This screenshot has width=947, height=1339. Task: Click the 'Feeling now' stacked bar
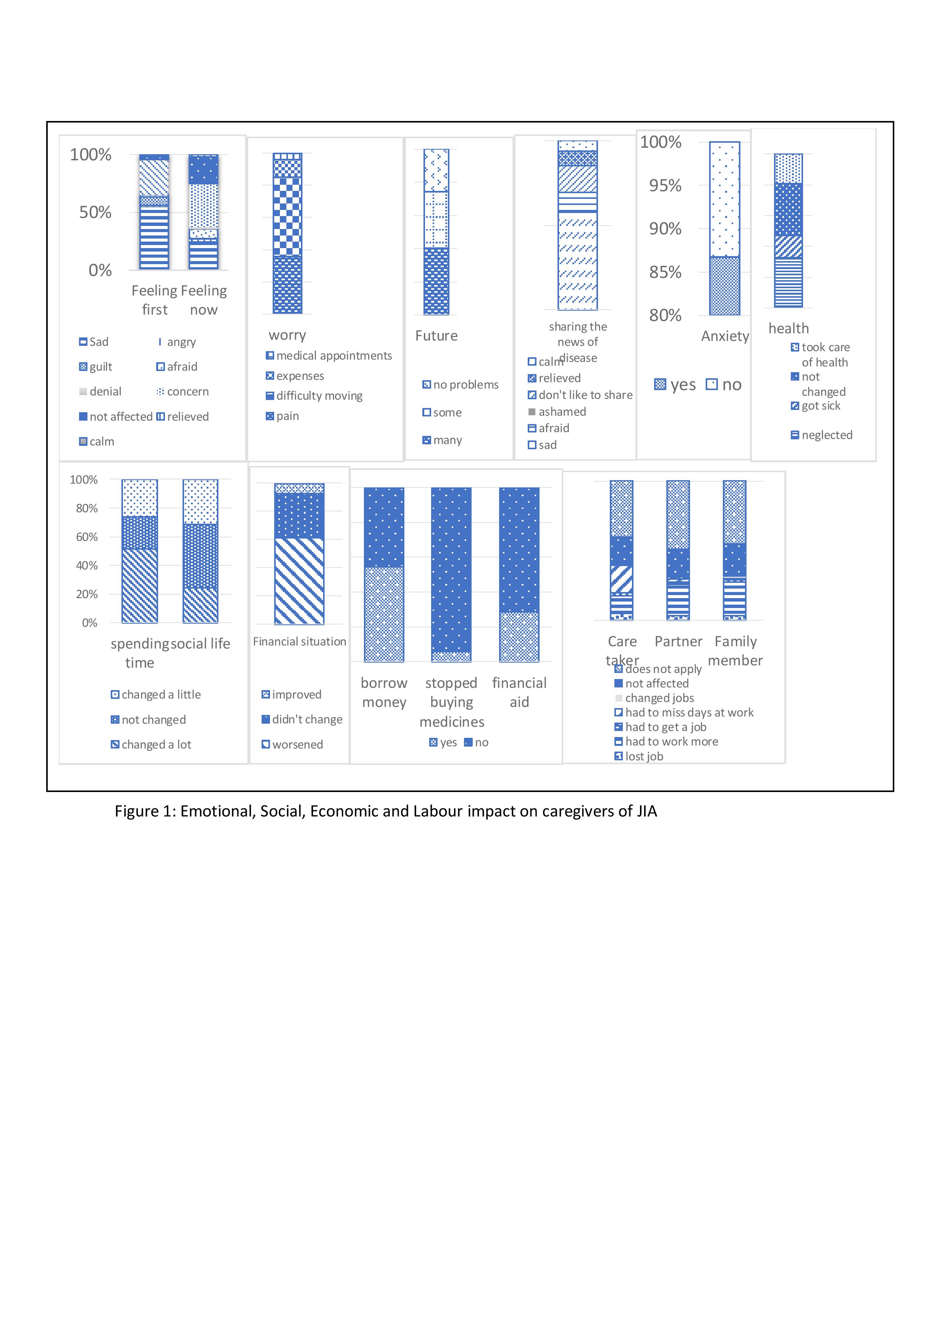203,212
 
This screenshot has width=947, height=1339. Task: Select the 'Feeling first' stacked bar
154,212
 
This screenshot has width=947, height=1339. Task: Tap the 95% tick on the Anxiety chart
665,186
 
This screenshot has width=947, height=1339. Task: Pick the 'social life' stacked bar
200,551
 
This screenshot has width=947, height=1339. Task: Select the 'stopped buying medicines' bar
451,574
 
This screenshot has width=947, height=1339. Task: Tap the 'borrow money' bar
384,574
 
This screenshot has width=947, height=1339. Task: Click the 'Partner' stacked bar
678,550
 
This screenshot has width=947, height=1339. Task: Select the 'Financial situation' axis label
299,642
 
